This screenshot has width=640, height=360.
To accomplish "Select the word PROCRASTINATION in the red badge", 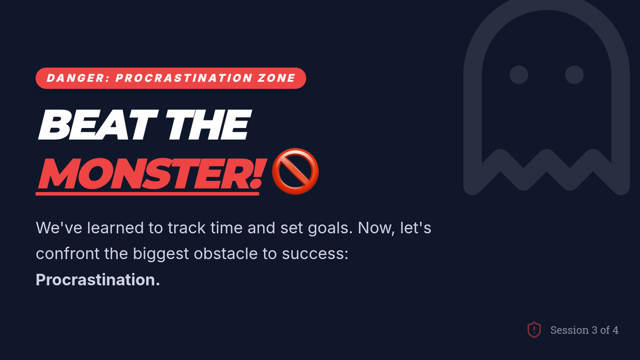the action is coord(183,78).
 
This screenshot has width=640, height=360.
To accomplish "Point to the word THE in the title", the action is coord(208,125).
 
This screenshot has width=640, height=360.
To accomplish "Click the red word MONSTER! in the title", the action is coord(151,173).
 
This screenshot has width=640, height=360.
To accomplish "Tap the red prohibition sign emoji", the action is coord(295,171).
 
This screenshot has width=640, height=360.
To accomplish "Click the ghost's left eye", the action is coord(519,75).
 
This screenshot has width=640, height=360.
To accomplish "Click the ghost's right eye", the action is coord(574,75).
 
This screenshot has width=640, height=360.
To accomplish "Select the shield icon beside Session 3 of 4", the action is coord(534,330).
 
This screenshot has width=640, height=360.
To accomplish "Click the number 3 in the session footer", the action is coord(594,330).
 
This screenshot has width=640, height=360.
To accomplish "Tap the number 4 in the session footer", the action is coord(615,330).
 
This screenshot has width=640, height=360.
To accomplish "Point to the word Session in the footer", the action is coord(570,330).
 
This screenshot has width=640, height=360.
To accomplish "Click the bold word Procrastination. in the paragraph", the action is coord(98,279).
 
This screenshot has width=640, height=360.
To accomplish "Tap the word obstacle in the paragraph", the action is coord(226,253).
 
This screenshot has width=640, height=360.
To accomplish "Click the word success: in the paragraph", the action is coord(315,254).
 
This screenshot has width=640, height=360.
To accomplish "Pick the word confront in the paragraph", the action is coord(67,254).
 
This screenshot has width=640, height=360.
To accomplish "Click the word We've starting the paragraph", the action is coord(59,228).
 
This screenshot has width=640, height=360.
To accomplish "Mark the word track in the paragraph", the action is coord(187,228).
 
